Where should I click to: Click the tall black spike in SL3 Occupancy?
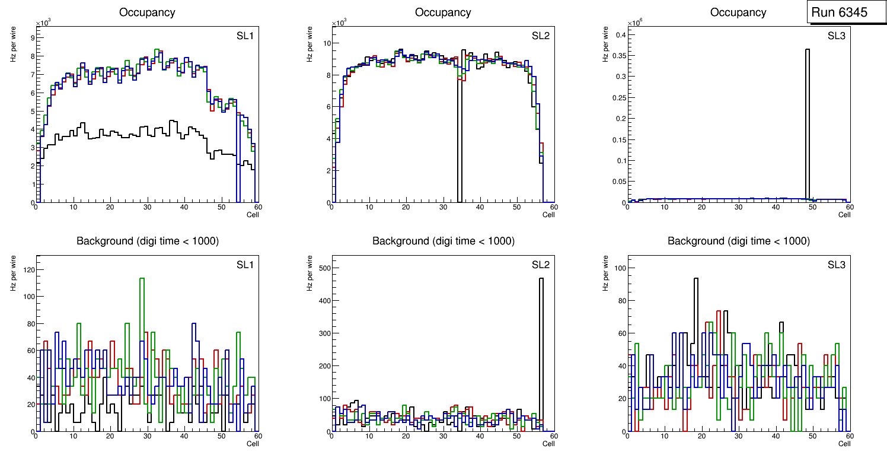coord(808,119)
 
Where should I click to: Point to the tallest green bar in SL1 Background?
coord(142,308)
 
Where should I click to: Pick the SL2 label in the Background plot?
coord(540,264)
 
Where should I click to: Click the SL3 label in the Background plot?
coord(836,264)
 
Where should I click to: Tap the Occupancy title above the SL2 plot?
coord(443,12)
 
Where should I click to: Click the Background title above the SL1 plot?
coord(148,241)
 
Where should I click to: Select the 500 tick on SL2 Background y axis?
coord(321,268)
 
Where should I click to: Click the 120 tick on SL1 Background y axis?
coord(25,269)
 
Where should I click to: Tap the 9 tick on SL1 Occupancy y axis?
coord(32,37)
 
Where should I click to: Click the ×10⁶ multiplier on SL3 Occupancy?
coord(636,23)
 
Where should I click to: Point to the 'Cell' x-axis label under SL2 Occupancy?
coord(548,215)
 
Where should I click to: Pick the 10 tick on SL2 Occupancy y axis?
coord(324,43)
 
